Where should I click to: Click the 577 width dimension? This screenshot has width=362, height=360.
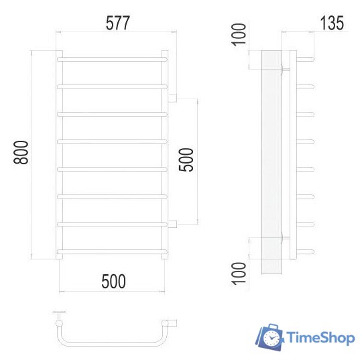[x=117, y=23]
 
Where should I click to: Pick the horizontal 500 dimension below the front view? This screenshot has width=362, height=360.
[x=114, y=282]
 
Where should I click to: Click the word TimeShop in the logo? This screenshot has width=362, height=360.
[x=320, y=337]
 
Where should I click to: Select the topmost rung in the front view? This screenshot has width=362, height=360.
[x=112, y=59]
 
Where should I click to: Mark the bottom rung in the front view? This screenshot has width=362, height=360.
[x=112, y=251]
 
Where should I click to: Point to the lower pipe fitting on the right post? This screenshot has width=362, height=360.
[x=172, y=223]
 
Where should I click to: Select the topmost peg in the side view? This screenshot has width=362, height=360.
[x=306, y=58]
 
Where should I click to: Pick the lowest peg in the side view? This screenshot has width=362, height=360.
[x=306, y=251]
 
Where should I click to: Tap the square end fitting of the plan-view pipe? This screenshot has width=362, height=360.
[x=173, y=323]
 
